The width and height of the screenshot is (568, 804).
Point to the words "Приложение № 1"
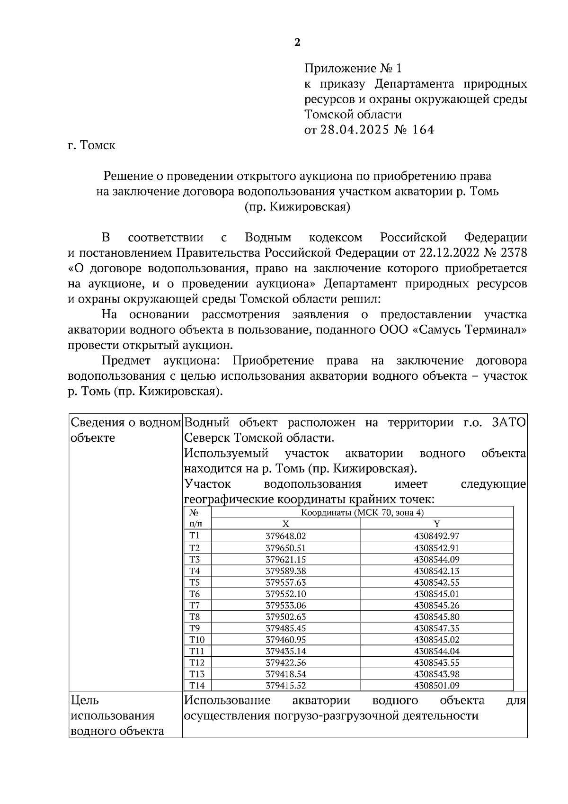[x=353, y=69]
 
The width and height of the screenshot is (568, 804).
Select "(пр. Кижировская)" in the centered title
[x=297, y=207]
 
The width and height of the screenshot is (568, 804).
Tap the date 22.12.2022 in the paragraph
[x=446, y=253]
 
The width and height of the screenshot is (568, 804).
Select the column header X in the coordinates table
[x=285, y=524]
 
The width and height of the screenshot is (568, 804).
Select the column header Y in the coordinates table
[x=436, y=524]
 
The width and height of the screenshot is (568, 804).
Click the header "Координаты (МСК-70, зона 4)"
[x=362, y=513]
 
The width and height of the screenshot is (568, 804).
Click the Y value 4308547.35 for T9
[x=436, y=628]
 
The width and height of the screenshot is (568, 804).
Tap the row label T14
[x=196, y=685]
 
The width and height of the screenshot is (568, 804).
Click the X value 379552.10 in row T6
[x=285, y=594]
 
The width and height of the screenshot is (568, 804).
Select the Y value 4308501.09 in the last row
[x=436, y=685]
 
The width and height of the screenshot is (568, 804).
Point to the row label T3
[x=195, y=559]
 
